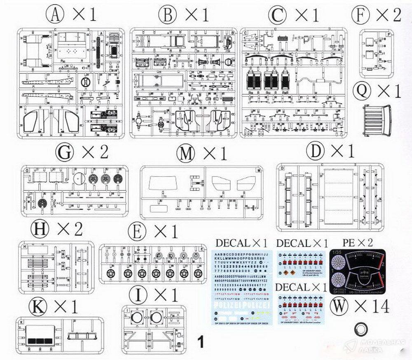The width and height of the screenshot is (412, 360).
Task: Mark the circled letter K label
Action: pyautogui.click(x=38, y=306)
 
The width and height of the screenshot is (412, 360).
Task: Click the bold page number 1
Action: pyautogui.click(x=201, y=341)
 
